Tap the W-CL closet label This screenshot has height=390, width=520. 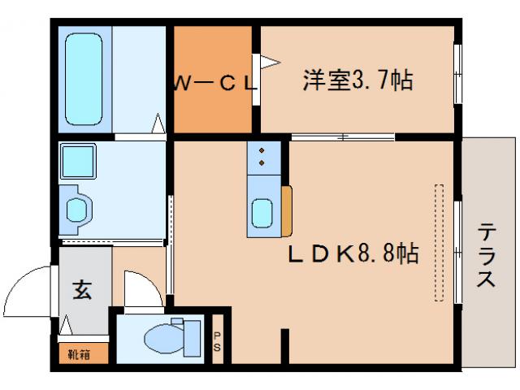point(214,82)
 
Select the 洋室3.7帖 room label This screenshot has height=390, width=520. point(357,80)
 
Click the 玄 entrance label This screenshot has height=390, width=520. point(83,289)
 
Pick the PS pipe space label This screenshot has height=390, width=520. point(217,341)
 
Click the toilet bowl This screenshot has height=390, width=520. point(159,337)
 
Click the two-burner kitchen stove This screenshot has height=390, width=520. point(263,156)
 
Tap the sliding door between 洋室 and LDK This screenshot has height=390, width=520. point(341,136)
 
